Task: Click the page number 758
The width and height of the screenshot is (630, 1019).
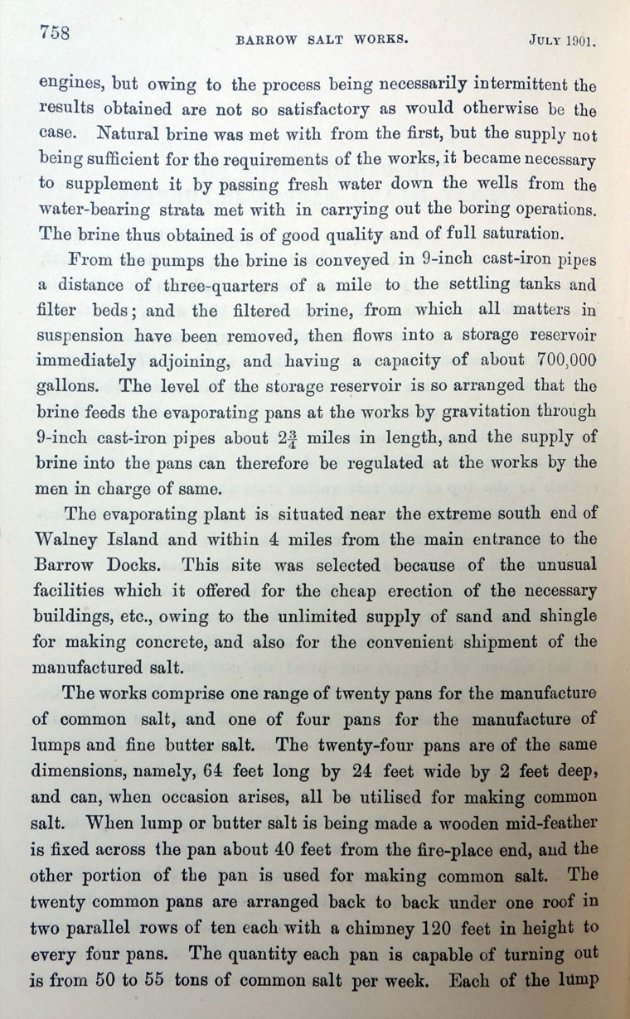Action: [x=52, y=33]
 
